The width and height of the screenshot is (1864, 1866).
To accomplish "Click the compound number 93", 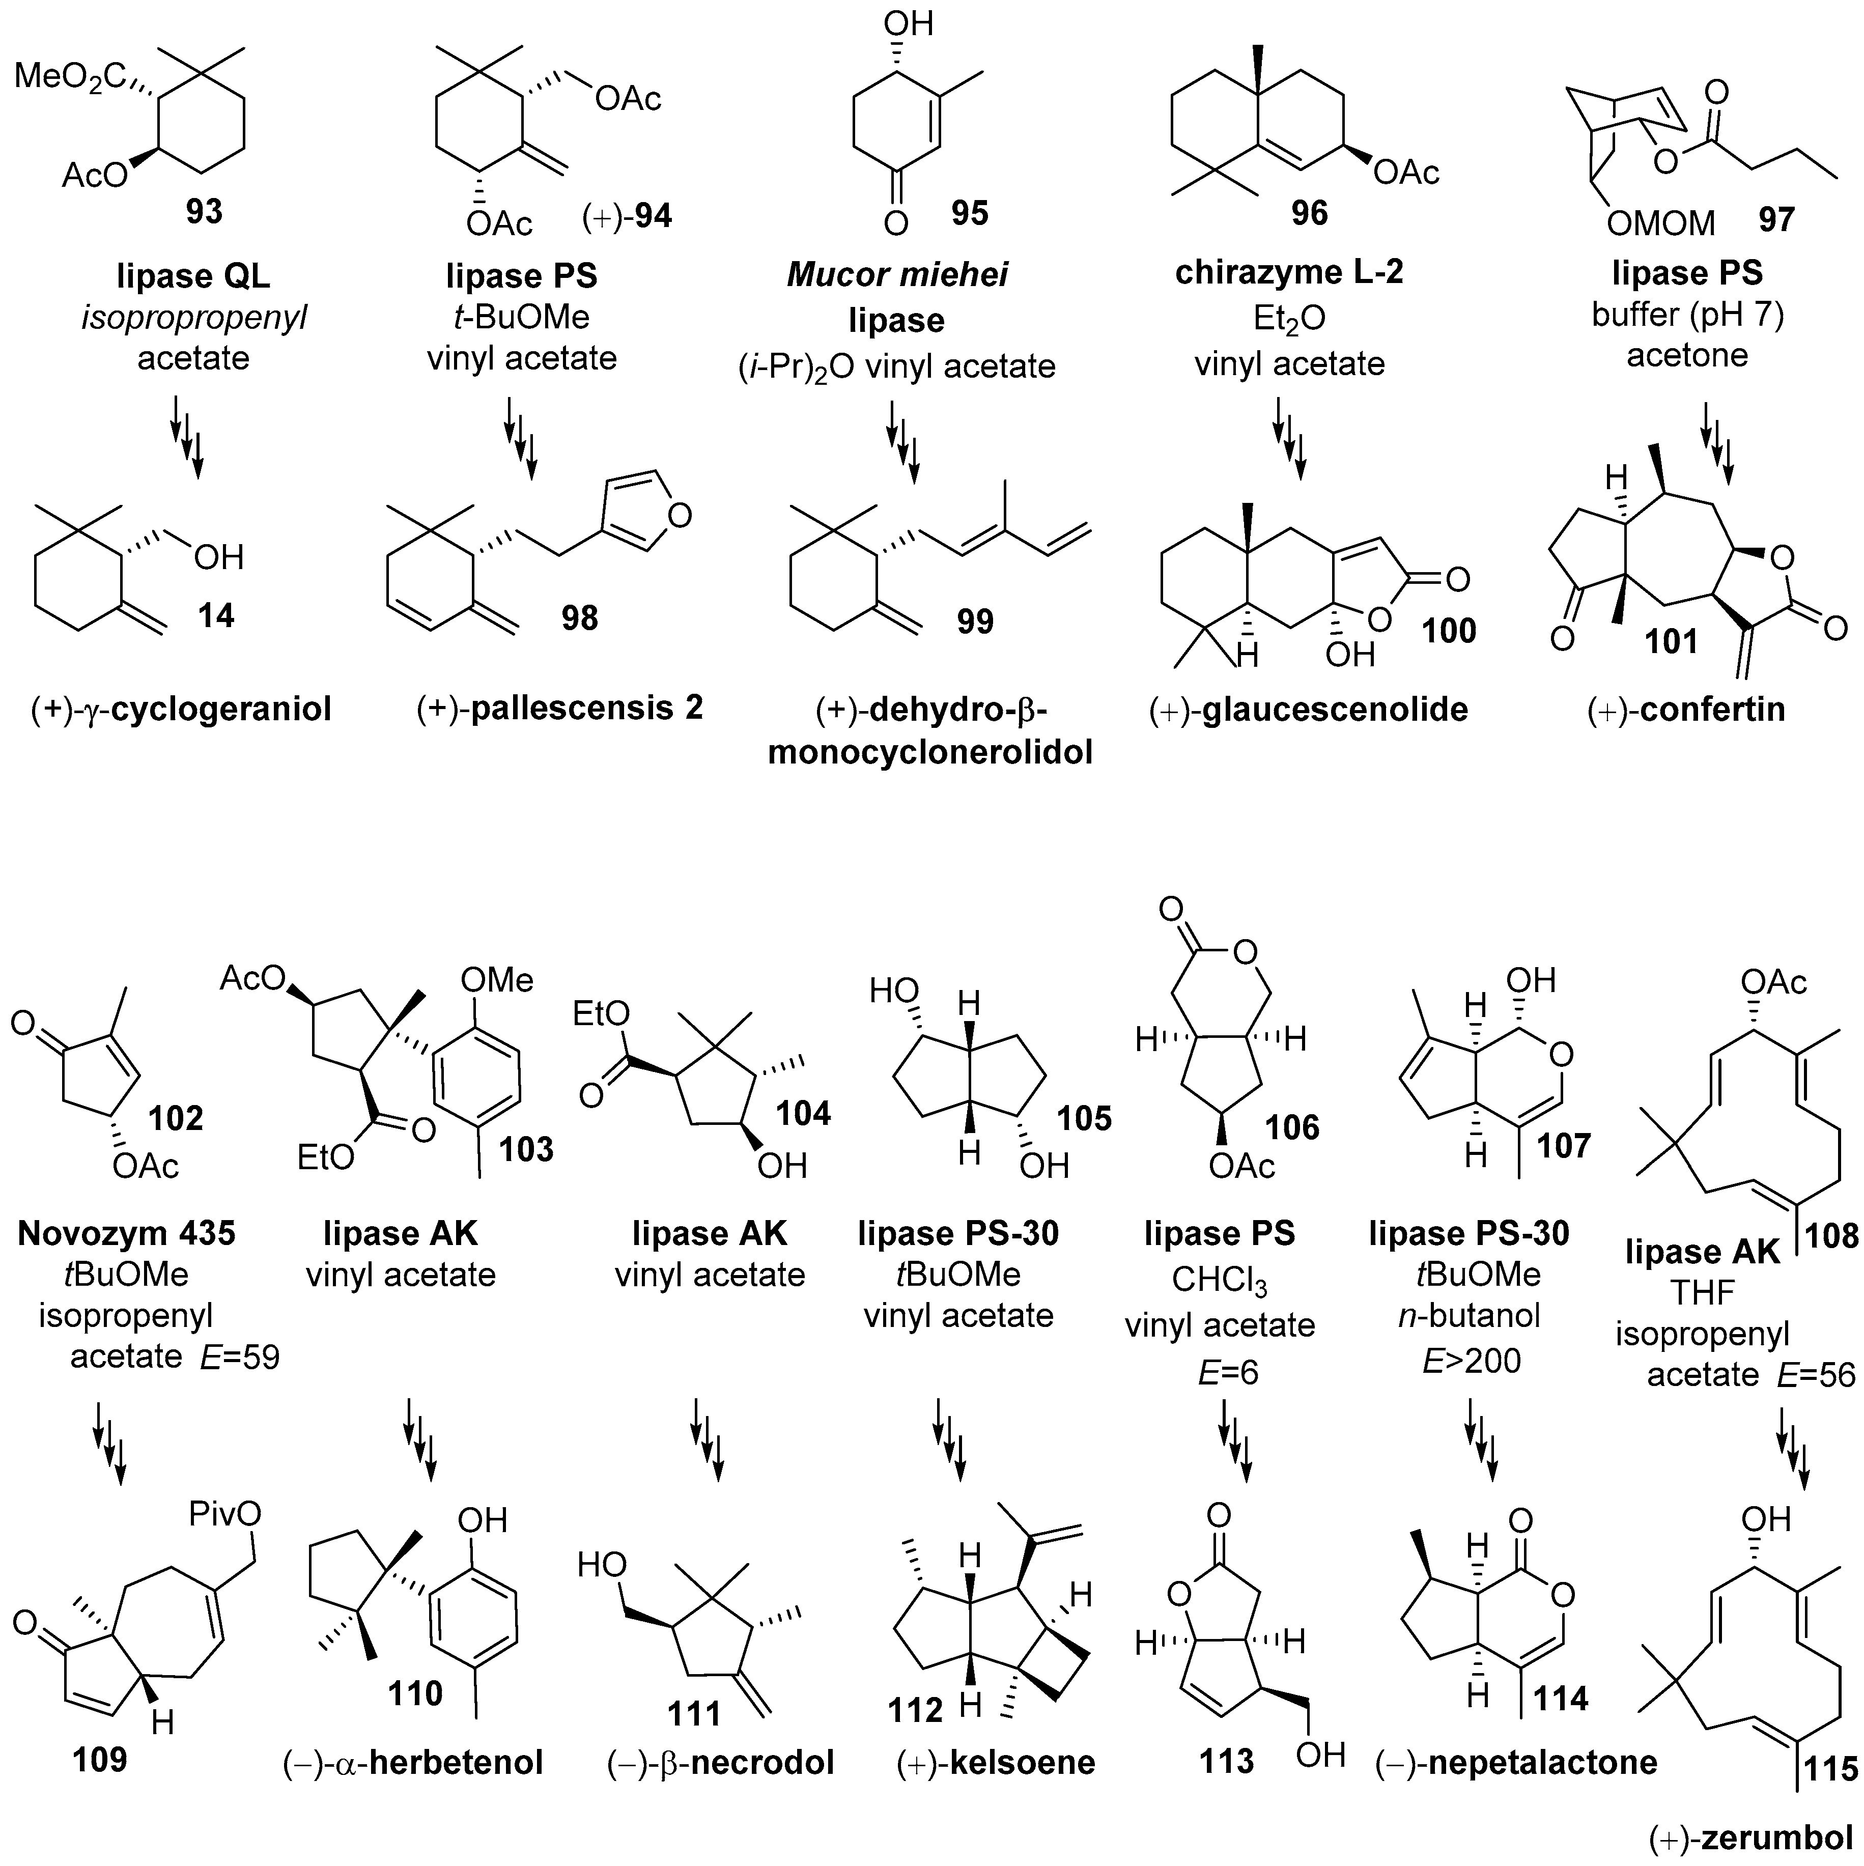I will click(x=204, y=211).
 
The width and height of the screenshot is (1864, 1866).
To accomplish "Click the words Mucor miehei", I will click(x=897, y=275).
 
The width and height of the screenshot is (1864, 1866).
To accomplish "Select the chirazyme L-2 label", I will click(x=1289, y=272).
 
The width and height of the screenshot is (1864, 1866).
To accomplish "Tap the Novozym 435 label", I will click(x=127, y=1233).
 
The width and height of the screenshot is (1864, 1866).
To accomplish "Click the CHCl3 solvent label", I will click(x=1219, y=1281).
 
